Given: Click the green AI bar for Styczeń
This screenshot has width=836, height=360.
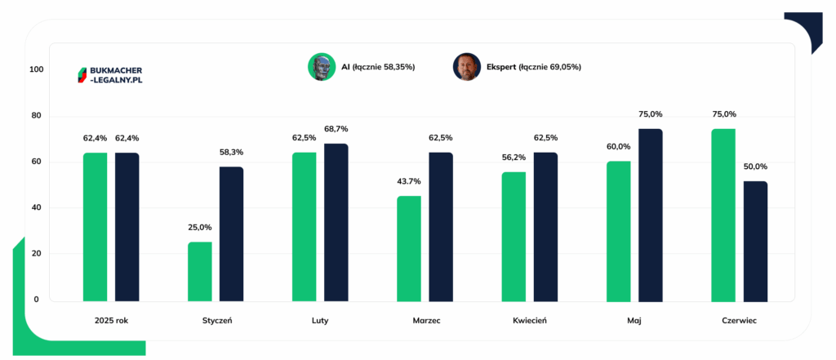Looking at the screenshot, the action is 199,272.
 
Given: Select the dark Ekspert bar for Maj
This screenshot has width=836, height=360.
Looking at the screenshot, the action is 651,216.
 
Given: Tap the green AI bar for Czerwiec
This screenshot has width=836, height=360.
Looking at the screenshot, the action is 723,216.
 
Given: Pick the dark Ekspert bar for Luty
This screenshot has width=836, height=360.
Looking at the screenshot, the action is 336,223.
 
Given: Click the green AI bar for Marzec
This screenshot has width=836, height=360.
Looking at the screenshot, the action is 409,249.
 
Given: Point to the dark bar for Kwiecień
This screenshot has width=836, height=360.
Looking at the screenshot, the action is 546,227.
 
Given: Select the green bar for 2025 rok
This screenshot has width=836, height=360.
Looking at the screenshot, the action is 95,227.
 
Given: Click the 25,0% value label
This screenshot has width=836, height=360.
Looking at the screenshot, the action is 200,227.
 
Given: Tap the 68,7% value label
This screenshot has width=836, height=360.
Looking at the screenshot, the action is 336,128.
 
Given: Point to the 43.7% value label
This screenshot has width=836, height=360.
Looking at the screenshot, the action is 409,181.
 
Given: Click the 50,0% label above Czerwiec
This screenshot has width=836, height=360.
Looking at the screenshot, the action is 755,167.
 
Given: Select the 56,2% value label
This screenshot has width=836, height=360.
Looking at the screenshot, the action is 514,158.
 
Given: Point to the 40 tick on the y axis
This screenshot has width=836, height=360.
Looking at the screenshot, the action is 38,208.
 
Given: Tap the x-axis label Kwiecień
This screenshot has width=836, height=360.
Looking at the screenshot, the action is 530,321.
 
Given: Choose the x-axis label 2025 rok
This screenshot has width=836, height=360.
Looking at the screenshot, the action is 111,321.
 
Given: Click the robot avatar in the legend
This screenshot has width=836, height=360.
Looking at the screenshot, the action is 322,67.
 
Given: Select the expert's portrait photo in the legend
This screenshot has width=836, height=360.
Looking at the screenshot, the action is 467,67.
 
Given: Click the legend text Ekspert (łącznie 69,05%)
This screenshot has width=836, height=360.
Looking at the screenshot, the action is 534,67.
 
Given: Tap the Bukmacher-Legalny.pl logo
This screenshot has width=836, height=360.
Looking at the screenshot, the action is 110,75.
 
